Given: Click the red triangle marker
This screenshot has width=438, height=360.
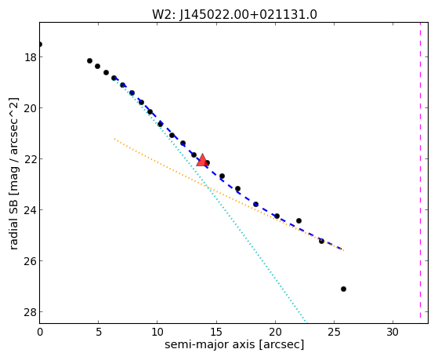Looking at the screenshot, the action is [x=201, y=160].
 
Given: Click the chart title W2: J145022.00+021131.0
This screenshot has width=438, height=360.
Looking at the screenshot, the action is [x=234, y=14].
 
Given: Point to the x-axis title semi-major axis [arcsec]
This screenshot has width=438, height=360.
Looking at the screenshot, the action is [x=234, y=344].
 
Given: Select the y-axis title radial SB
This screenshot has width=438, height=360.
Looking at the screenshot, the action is [x=13, y=222].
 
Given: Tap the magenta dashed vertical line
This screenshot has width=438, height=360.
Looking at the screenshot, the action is [x=420, y=173].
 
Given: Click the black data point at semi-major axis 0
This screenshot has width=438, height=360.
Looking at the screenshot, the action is [x=40, y=44].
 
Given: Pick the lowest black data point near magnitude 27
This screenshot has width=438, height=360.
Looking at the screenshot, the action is [x=344, y=289].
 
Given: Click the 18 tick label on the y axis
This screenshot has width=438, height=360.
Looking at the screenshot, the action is [x=30, y=57].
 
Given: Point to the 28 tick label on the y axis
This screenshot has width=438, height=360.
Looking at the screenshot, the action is [x=30, y=312].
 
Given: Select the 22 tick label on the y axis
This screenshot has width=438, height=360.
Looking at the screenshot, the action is [x=30, y=159].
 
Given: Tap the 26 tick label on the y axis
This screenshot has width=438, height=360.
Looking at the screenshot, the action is [x=30, y=261].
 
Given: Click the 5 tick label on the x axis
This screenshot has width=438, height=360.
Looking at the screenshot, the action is [x=98, y=332].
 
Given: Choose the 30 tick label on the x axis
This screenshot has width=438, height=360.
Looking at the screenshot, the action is [x=393, y=332].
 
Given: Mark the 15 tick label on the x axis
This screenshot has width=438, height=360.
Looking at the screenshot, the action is [x=216, y=332].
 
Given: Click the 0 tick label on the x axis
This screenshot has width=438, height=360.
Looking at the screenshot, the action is [x=40, y=332].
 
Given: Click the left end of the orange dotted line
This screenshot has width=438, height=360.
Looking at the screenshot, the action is [x=114, y=139].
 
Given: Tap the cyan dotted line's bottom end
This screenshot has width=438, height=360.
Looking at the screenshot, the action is [x=306, y=322].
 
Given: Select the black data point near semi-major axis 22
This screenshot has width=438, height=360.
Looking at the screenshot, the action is [x=299, y=220].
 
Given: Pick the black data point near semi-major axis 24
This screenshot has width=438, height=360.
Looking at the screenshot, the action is [x=321, y=241].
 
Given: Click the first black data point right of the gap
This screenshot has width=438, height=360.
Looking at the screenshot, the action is [x=89, y=60].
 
